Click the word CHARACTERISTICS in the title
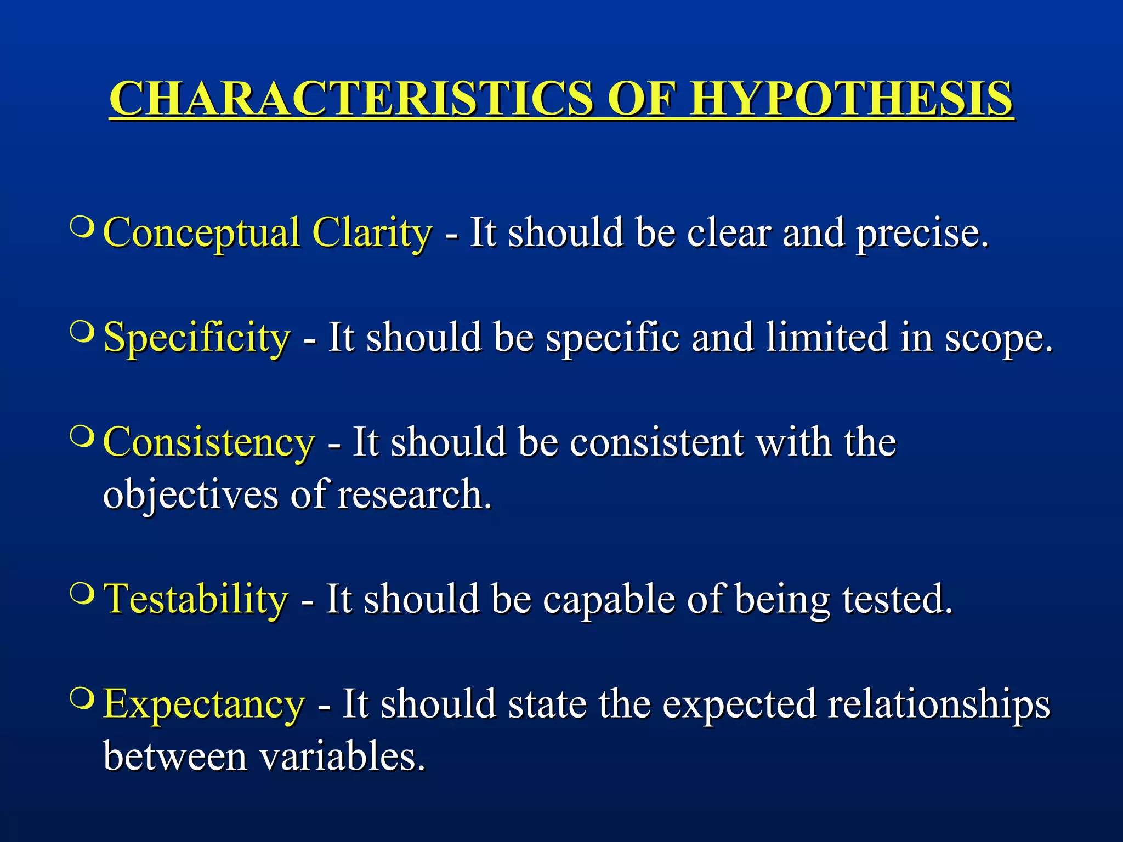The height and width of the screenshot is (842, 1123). (351, 99)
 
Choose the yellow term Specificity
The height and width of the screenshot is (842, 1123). (197, 338)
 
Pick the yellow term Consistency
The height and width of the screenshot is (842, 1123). (209, 442)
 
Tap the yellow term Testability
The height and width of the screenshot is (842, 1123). (196, 599)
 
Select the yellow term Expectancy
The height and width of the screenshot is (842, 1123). (203, 704)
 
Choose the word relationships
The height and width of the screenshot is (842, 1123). (939, 704)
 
